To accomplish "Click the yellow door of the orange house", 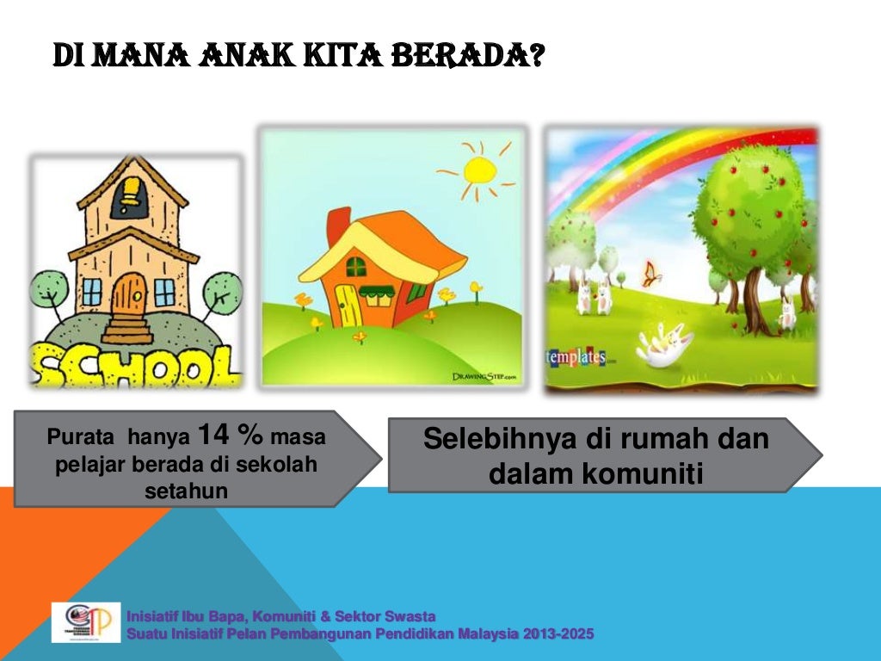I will (347, 304).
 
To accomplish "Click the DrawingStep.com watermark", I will (484, 376).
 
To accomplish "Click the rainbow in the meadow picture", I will (654, 164).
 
